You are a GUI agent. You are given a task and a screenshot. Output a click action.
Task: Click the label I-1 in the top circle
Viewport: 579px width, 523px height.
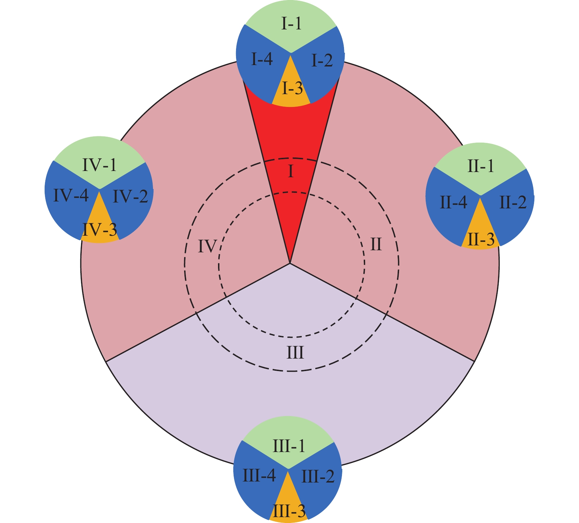tap(291, 25)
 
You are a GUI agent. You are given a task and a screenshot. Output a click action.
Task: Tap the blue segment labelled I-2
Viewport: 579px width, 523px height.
tap(322, 61)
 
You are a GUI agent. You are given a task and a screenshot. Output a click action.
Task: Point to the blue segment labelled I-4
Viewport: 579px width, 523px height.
tap(262, 60)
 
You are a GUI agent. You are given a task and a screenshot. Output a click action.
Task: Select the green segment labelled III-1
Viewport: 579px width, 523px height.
tap(289, 447)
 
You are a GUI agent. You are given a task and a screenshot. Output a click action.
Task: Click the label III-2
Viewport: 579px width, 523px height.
tap(318, 477)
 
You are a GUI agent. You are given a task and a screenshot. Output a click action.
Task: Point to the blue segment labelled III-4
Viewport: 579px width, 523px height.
tap(259, 476)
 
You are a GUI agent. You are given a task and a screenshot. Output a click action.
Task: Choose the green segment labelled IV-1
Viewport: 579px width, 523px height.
tap(100, 165)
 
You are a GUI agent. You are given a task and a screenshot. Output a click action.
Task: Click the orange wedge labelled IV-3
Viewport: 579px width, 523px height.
tap(100, 229)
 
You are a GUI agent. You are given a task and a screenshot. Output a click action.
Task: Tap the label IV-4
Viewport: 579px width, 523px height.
tap(71, 196)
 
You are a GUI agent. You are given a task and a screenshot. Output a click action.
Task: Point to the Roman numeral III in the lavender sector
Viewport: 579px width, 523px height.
tap(295, 353)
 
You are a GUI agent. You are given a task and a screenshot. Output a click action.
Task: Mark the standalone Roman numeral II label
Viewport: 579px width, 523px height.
tap(376, 245)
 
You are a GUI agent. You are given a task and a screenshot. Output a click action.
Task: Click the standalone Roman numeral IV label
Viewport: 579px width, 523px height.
tap(207, 247)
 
